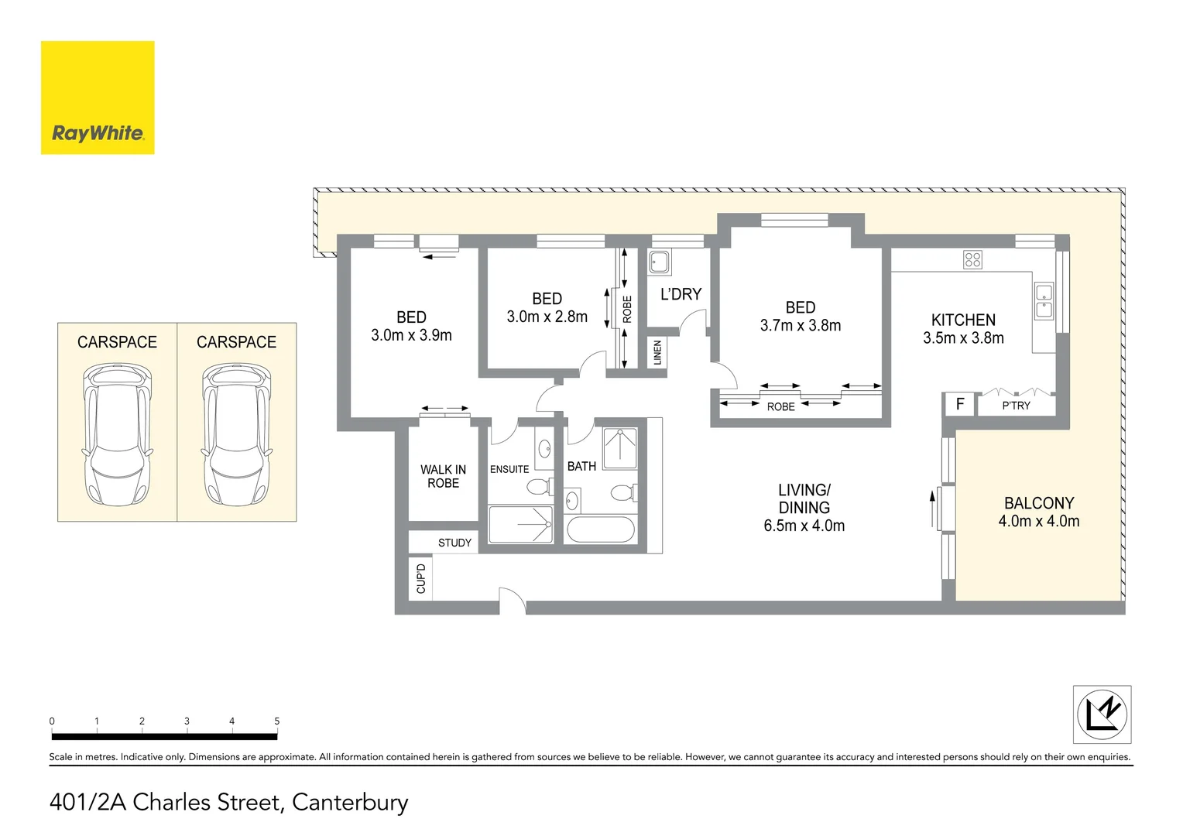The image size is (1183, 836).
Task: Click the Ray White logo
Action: click(x=98, y=98)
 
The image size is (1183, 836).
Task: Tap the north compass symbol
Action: click(x=1102, y=714)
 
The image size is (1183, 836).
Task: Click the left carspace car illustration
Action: click(x=118, y=435)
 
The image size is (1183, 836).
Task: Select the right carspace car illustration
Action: click(x=237, y=435)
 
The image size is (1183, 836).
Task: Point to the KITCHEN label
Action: click(x=963, y=320)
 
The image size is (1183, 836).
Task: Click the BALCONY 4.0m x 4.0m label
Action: click(x=1038, y=512)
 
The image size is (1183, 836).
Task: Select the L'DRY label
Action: click(x=681, y=294)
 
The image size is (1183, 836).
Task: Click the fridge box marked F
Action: click(x=960, y=404)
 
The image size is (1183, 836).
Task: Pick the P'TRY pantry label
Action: click(x=1016, y=406)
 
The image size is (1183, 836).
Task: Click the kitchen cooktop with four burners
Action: click(x=972, y=260)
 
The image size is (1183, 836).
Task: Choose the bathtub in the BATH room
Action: click(x=601, y=530)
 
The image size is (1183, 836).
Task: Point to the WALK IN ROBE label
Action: click(x=443, y=476)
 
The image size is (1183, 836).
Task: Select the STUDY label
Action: click(x=454, y=543)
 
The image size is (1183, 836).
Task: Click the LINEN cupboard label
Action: click(x=657, y=353)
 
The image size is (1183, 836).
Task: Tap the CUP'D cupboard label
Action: click(x=420, y=578)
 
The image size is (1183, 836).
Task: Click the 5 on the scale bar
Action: click(x=276, y=721)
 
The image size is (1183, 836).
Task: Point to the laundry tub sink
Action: click(x=659, y=262)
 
